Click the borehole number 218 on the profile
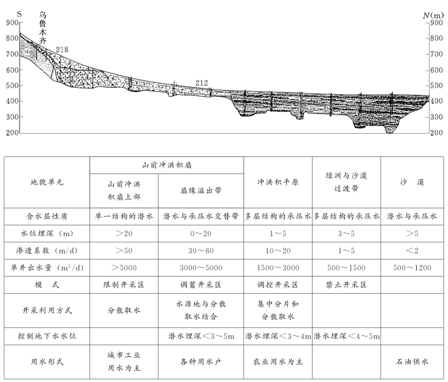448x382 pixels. pos(62,50)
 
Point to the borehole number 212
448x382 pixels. pos(202,83)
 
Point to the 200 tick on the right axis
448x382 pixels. pos(436,132)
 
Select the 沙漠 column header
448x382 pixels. pos(411,183)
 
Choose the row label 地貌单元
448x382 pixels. pos(47,183)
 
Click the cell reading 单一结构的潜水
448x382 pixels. pos(124,217)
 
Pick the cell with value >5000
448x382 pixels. pos(124,268)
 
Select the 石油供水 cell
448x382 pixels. pos(411,362)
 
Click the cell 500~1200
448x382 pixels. pos(411,268)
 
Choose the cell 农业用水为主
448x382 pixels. pos(278,362)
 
